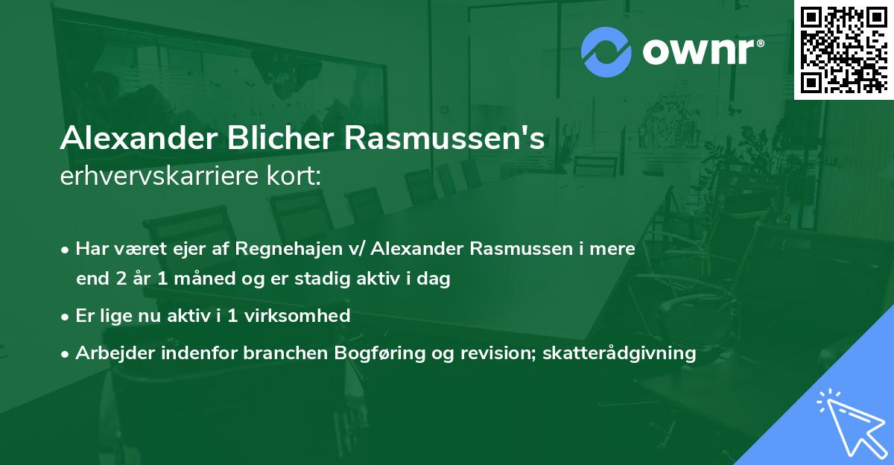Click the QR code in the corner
point(844,48)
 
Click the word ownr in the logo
point(703,50)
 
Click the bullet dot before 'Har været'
point(66,250)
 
